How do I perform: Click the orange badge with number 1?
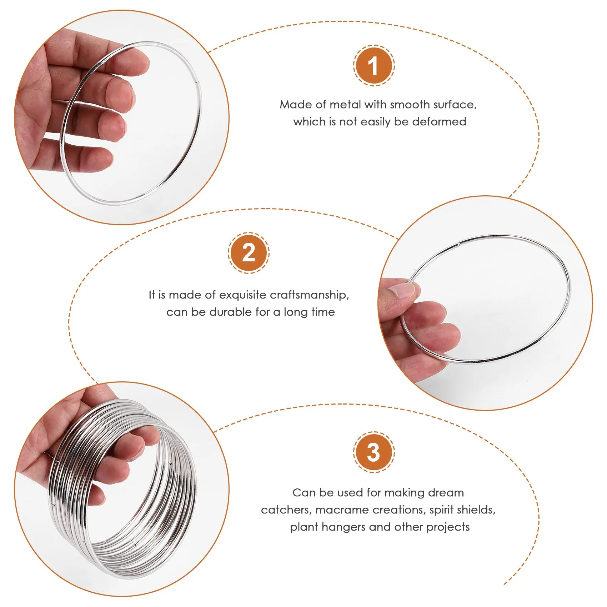click(x=374, y=66)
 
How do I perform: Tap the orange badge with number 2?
click(x=249, y=253)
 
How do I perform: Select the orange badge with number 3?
click(x=374, y=452)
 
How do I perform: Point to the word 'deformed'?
click(x=439, y=121)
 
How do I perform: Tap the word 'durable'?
click(x=231, y=312)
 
